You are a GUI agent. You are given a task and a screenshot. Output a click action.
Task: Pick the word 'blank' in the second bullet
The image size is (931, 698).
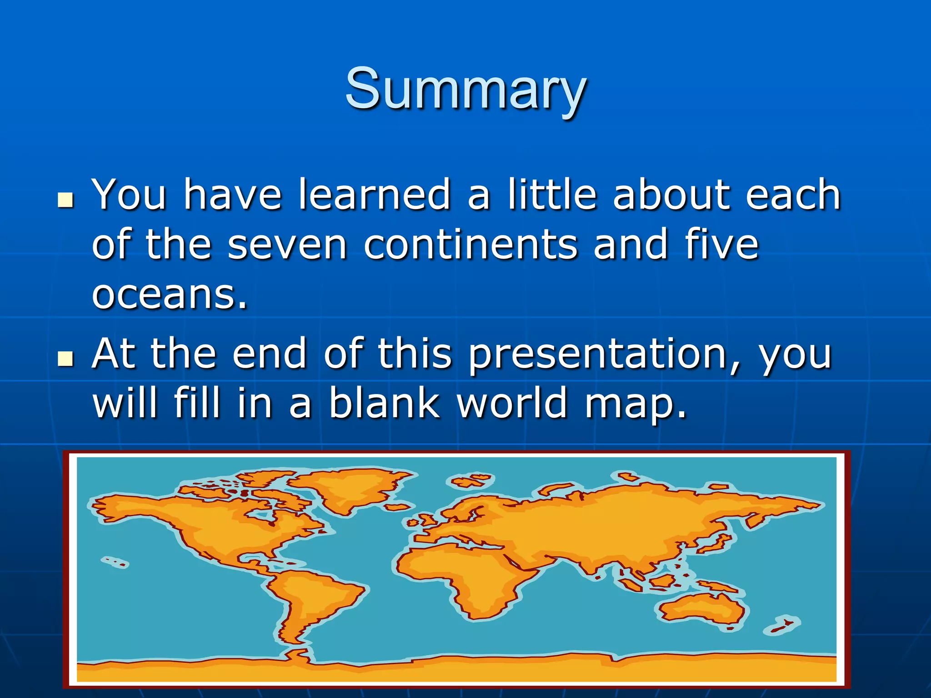point(384,403)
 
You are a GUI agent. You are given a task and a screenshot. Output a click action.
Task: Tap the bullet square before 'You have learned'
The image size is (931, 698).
point(66,200)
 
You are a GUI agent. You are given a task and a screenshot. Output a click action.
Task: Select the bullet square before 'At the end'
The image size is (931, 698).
point(66,359)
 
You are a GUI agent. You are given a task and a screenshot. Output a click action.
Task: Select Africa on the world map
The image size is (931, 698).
point(459,577)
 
